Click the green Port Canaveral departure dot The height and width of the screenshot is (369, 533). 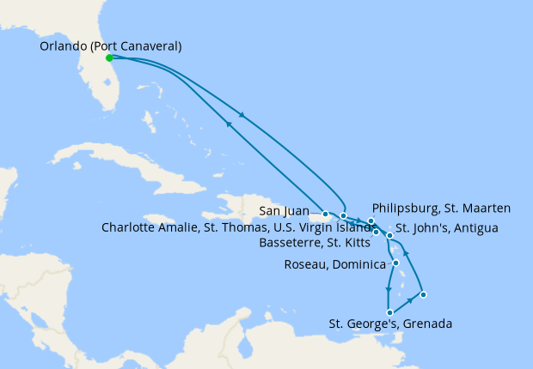[109, 58]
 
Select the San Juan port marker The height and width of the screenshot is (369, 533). [326, 214]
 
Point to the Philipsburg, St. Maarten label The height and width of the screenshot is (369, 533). [442, 208]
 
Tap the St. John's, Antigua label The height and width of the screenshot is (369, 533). [445, 228]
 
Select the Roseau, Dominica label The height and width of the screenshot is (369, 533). [334, 264]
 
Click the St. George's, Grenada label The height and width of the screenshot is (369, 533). [390, 324]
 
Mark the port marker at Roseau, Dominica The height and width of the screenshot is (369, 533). [395, 263]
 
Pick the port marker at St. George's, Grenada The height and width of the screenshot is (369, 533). [390, 312]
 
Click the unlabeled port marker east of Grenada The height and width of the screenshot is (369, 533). [423, 295]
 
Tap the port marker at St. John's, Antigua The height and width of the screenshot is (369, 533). [389, 235]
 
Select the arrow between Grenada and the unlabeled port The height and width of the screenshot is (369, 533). [408, 302]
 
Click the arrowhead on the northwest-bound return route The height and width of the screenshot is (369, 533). [229, 124]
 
